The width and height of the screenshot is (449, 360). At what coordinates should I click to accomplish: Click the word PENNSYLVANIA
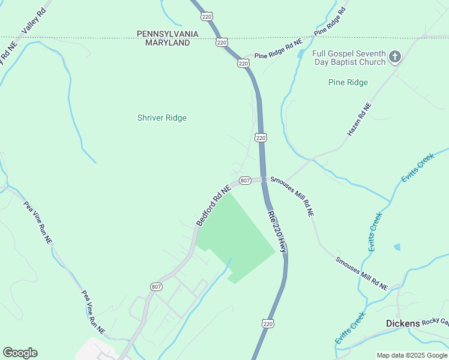tap(163, 34)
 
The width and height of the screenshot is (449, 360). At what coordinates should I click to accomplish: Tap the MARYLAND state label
tap(163, 43)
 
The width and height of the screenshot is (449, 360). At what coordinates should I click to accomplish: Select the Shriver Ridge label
tap(162, 118)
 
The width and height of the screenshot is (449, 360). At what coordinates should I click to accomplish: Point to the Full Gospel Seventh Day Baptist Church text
tap(349, 58)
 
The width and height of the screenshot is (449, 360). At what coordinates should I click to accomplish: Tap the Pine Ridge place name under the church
tap(348, 82)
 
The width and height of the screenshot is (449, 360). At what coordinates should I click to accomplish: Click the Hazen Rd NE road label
tap(360, 118)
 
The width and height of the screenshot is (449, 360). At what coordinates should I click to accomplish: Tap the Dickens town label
tap(402, 323)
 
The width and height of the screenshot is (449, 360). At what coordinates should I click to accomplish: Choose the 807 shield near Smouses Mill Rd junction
tap(245, 181)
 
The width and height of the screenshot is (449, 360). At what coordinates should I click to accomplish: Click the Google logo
tap(20, 353)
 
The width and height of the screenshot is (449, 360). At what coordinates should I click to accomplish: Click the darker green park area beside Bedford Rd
tap(240, 234)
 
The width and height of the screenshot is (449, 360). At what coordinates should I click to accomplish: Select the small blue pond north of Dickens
tap(397, 247)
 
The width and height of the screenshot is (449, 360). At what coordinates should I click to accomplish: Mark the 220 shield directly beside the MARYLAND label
tap(221, 42)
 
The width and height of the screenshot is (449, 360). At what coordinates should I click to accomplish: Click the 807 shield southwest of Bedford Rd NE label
tap(156, 287)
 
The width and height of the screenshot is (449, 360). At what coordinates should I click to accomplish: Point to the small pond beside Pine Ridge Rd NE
tap(299, 55)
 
